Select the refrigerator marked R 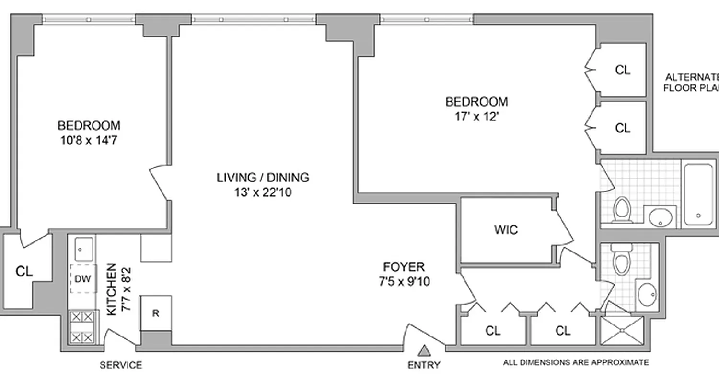pyautogui.click(x=155, y=313)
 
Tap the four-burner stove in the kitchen pyautogui.click(x=83, y=327)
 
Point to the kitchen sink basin pyautogui.click(x=82, y=249)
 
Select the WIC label pyautogui.click(x=506, y=230)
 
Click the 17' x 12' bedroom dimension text pyautogui.click(x=476, y=117)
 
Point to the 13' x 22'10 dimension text pyautogui.click(x=263, y=192)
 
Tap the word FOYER pyautogui.click(x=404, y=266)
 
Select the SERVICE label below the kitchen pyautogui.click(x=121, y=365)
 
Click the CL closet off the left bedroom pyautogui.click(x=24, y=272)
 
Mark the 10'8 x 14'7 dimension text pyautogui.click(x=89, y=141)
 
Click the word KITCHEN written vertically pyautogui.click(x=111, y=289)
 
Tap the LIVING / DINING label pyautogui.click(x=263, y=177)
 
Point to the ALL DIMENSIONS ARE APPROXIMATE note pyautogui.click(x=576, y=362)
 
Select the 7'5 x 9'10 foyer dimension pyautogui.click(x=404, y=281)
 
